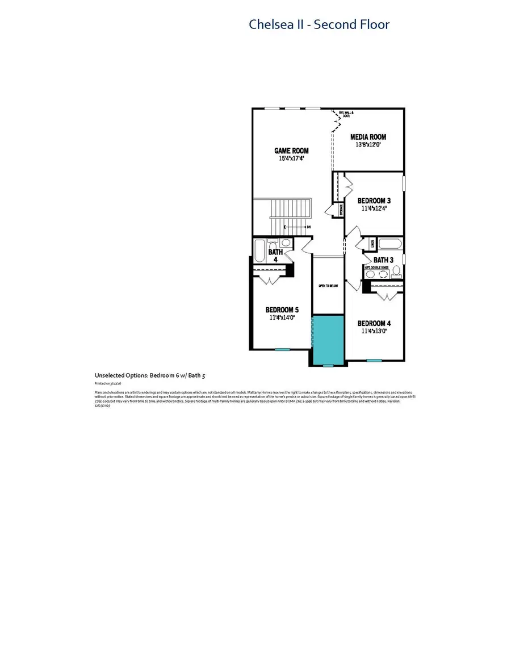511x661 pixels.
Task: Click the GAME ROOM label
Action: [291, 150]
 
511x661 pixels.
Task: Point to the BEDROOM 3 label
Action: [374, 200]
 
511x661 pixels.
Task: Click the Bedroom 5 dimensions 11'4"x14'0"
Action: [282, 318]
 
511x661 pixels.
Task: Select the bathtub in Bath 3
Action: [390, 244]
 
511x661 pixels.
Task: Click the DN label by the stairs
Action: [308, 227]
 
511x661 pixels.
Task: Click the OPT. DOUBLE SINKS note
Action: [375, 267]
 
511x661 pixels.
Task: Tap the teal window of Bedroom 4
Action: [374, 360]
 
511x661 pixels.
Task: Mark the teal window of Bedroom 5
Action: [282, 349]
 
